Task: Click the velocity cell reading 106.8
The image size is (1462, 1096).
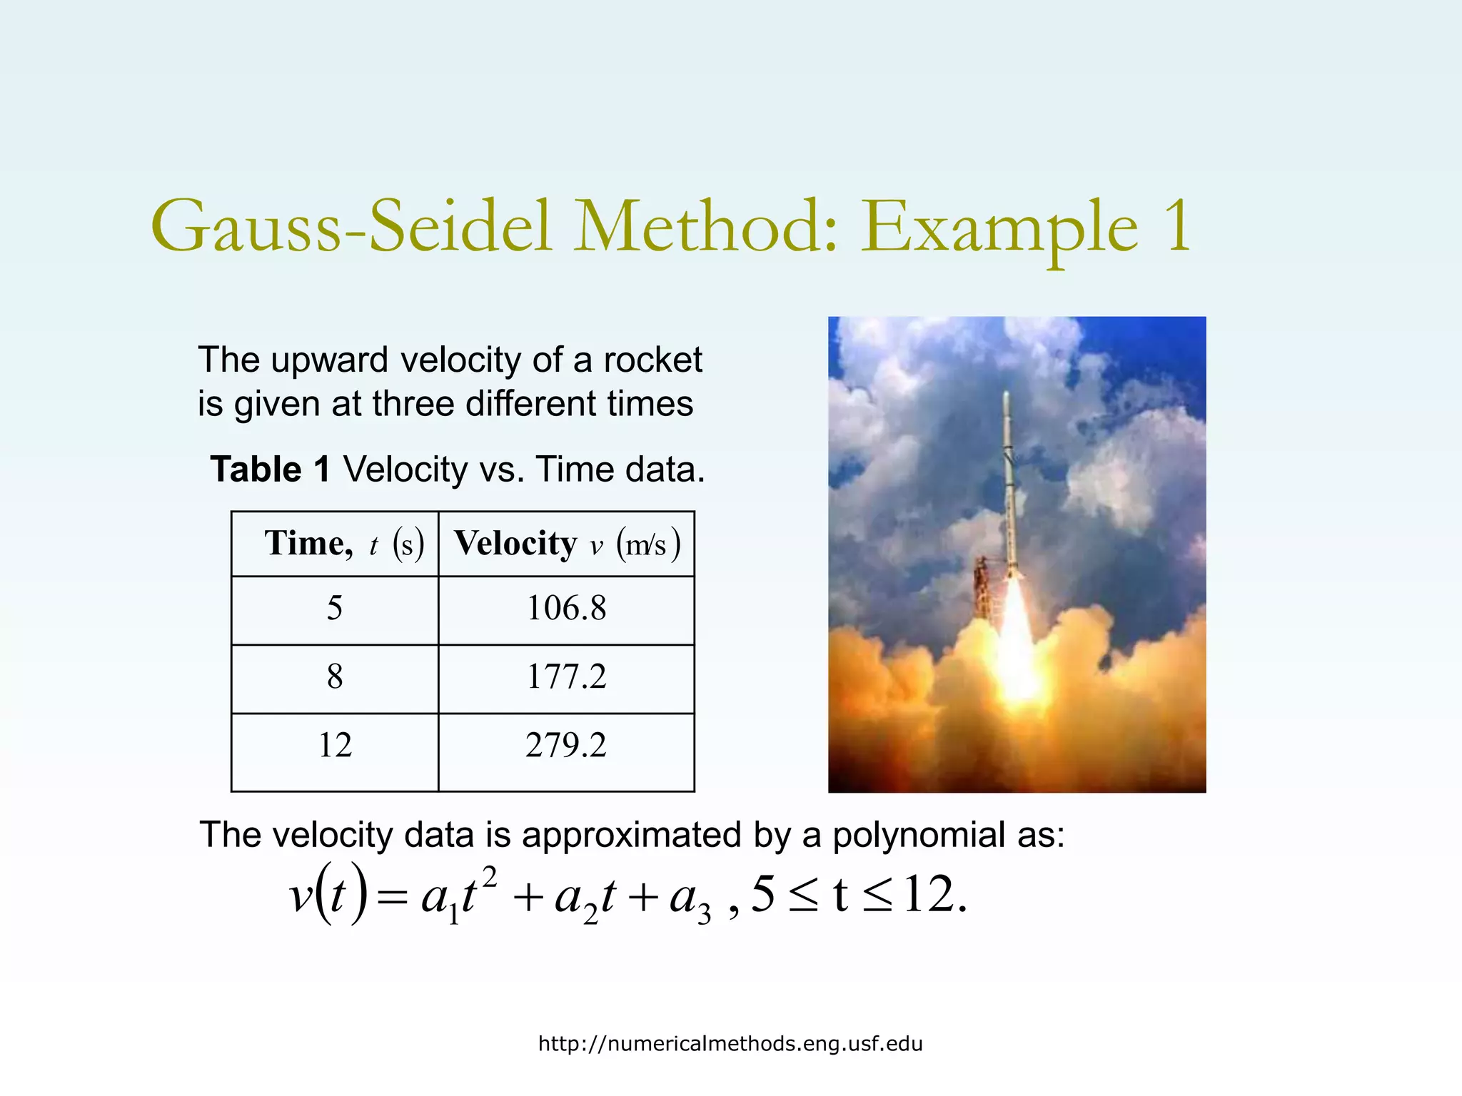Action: coord(566,609)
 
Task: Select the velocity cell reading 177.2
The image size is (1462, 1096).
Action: coord(566,676)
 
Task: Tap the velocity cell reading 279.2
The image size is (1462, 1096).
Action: coord(566,746)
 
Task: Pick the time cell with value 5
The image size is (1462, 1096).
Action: coord(334,609)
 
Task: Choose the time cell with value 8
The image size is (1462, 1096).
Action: coord(334,676)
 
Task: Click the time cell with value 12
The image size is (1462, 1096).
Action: coord(334,746)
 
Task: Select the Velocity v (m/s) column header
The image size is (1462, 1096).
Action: coord(566,544)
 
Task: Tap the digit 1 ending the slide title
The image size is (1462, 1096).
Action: coord(1178,227)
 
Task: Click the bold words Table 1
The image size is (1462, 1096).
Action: coord(270,470)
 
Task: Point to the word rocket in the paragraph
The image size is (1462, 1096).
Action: coord(652,360)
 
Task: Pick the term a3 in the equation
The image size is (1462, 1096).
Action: coord(690,899)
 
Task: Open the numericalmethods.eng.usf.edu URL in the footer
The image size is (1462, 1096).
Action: coord(730,1044)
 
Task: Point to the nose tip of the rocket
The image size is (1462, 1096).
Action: coord(1007,395)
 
